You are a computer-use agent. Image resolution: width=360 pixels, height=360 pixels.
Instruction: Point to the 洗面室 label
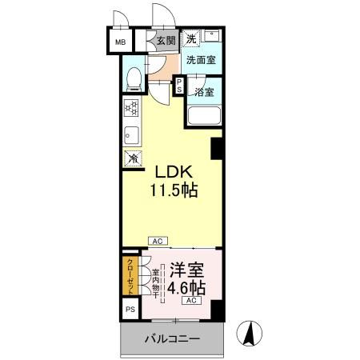tap(201, 60)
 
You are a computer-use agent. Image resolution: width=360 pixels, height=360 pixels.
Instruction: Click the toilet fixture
tap(135, 78)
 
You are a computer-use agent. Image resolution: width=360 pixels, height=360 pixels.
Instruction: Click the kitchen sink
tap(131, 134)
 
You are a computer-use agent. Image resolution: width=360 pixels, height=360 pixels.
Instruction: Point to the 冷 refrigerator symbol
tap(131, 159)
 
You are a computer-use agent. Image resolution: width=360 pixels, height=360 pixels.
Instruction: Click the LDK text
tap(171, 172)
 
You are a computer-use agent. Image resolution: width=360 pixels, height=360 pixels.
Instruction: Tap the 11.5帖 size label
tap(171, 191)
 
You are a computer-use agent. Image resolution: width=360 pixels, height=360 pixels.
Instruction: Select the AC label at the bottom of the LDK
tap(158, 239)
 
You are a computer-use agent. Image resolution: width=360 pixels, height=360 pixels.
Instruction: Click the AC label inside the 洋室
tap(192, 301)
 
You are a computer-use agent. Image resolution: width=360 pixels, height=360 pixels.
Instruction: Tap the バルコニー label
tap(172, 340)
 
